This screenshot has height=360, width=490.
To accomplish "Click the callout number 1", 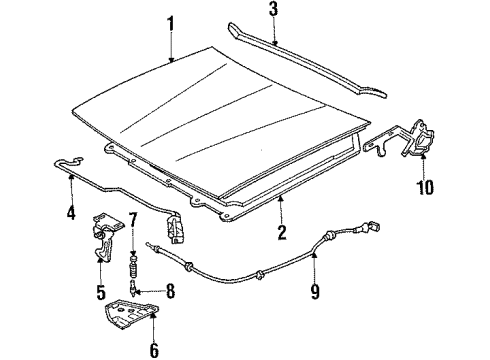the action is click(171, 23).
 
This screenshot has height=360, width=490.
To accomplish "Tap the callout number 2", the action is click(281, 234).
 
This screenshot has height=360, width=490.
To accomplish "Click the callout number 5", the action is click(101, 293).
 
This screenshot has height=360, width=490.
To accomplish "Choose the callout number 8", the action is click(169, 293).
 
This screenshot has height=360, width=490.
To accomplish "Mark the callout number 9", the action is click(316, 292).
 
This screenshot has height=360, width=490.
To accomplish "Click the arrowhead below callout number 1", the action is click(171, 60).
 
